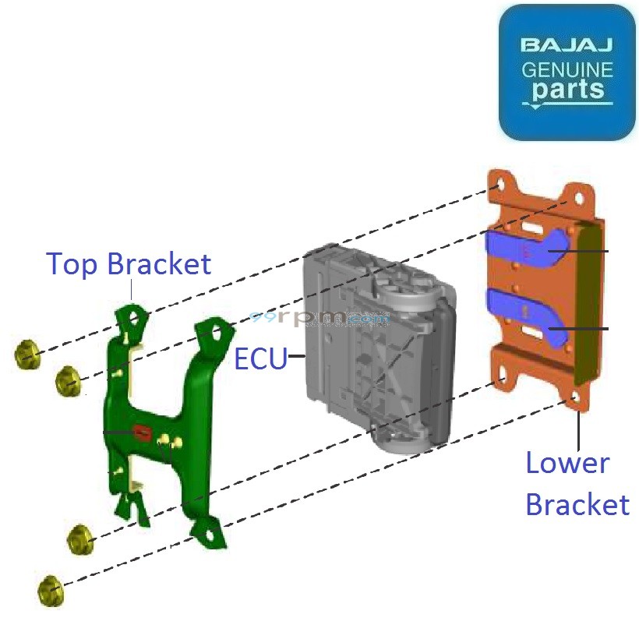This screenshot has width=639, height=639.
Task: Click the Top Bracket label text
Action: pyautogui.click(x=129, y=264)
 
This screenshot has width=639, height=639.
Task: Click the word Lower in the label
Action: pyautogui.click(x=567, y=463)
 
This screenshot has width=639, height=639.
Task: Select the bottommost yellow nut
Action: pyautogui.click(x=49, y=590)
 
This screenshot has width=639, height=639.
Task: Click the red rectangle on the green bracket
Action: pyautogui.click(x=143, y=431)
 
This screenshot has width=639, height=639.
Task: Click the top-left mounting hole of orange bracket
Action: pyautogui.click(x=498, y=187)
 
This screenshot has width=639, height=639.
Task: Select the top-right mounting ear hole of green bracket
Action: pyautogui.click(x=216, y=336)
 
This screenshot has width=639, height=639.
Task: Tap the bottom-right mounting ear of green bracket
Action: pyautogui.click(x=208, y=535)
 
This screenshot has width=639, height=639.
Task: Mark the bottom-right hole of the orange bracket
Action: pyautogui.click(x=576, y=398)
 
